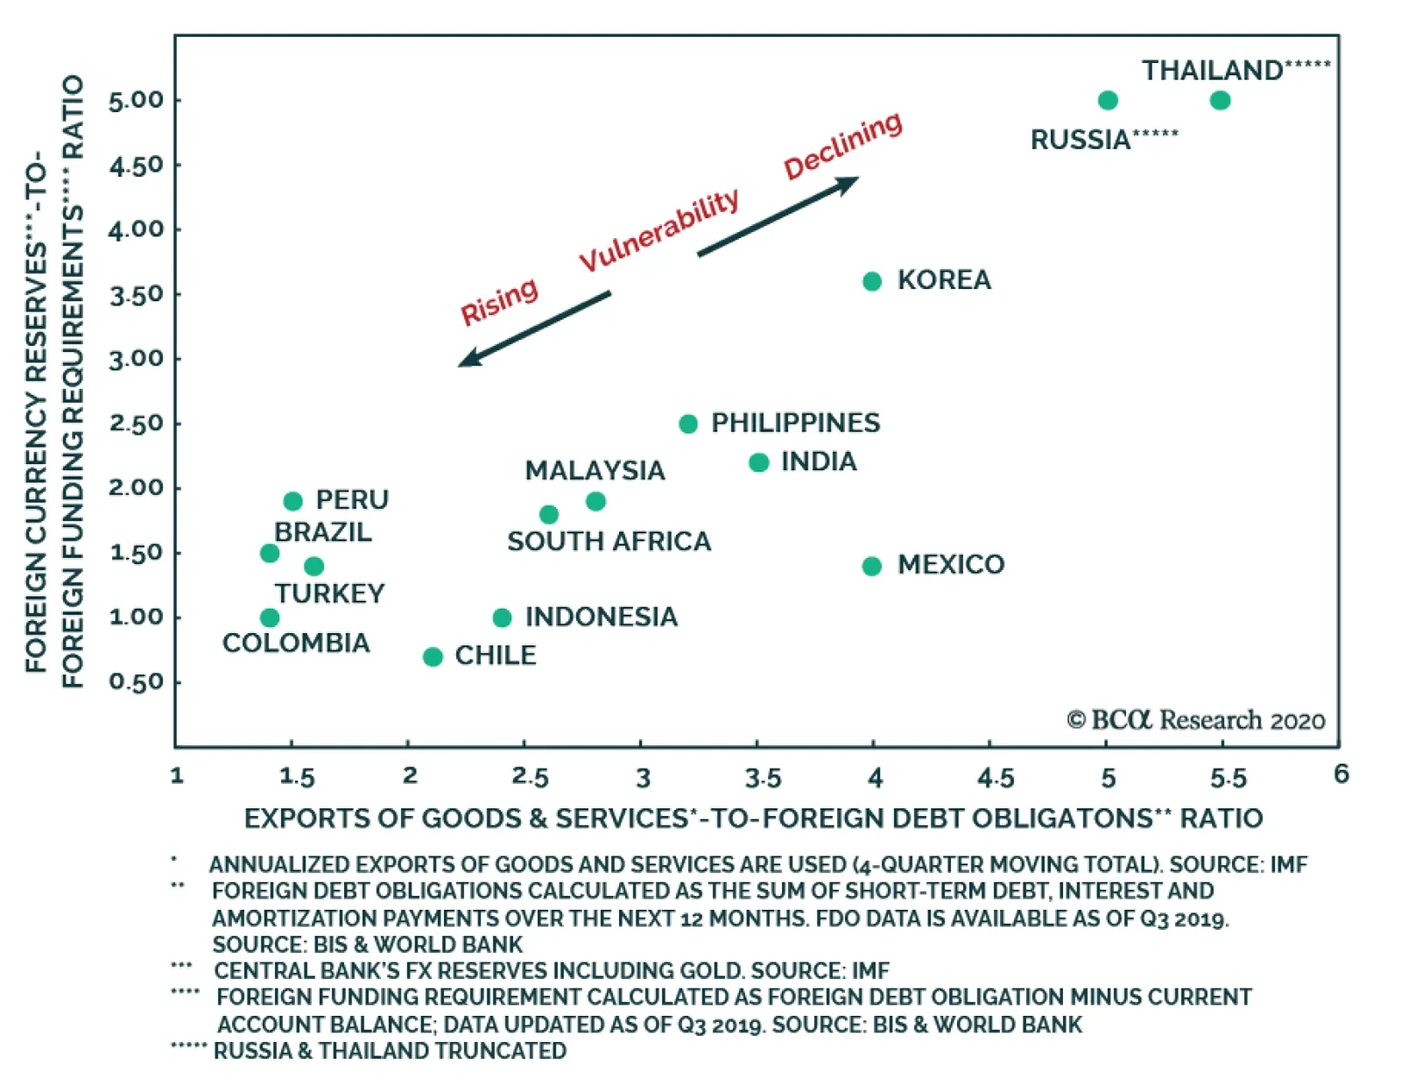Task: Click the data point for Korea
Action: (871, 281)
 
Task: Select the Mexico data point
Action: (871, 566)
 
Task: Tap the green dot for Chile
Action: (433, 657)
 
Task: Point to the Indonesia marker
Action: (502, 618)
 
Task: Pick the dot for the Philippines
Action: (688, 424)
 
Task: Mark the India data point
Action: (758, 462)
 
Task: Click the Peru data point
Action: (292, 501)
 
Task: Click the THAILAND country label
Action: (1212, 70)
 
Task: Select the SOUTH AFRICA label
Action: (609, 541)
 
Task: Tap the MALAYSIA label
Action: (595, 470)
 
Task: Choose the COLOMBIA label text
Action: (296, 643)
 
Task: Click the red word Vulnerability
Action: (658, 230)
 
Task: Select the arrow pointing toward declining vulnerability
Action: (778, 216)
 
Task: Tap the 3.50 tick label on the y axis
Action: (136, 294)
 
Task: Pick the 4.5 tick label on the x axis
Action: (996, 778)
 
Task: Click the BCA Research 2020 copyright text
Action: (1195, 720)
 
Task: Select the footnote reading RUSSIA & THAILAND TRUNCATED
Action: (390, 1050)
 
